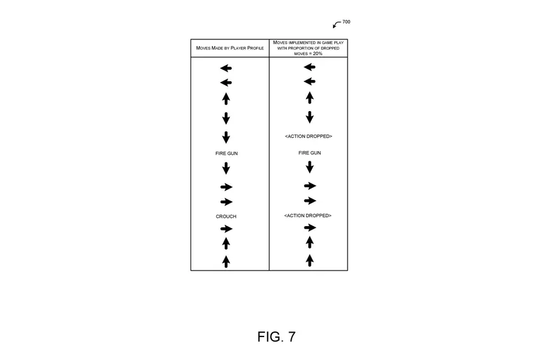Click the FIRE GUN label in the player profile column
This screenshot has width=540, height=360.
[226, 154]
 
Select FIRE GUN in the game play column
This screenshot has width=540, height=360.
[309, 153]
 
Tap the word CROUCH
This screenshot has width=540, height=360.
[226, 217]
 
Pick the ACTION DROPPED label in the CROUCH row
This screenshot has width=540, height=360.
[308, 216]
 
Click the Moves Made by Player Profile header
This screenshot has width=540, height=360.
[229, 48]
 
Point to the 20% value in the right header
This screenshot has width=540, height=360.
[318, 53]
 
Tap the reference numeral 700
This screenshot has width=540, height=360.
[346, 22]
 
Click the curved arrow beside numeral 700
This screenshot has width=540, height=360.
[336, 25]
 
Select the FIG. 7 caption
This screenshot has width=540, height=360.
[276, 337]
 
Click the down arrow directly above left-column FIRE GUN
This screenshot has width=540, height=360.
[226, 137]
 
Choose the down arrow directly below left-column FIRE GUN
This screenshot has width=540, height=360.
[226, 168]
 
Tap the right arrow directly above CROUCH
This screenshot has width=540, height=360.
[226, 202]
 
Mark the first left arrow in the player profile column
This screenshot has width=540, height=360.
[226, 68]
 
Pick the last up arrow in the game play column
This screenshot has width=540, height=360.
[309, 260]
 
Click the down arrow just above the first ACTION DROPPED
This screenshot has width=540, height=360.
[309, 117]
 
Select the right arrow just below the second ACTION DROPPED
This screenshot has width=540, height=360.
[309, 227]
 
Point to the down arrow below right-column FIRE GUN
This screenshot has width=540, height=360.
[309, 167]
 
